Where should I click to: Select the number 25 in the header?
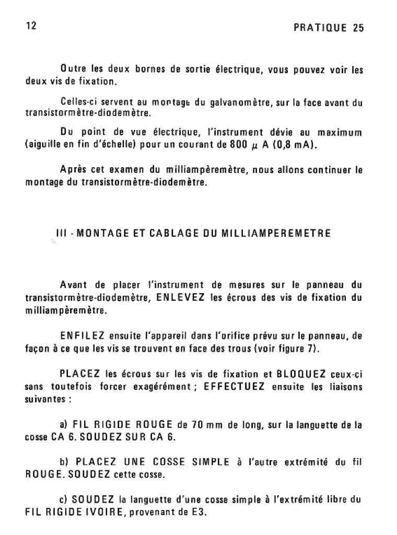(358, 28)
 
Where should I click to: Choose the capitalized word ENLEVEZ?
(180, 298)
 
